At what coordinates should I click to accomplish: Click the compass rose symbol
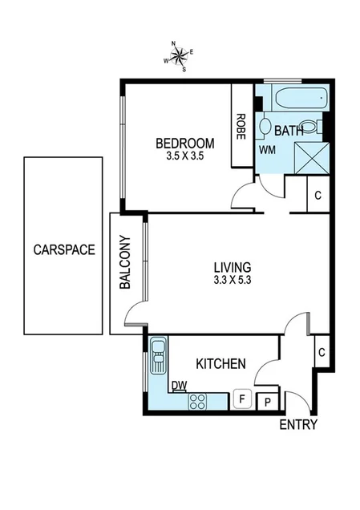[x=179, y=56]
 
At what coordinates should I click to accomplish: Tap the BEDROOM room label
[x=185, y=144]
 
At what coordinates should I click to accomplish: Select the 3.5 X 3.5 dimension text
[x=185, y=156]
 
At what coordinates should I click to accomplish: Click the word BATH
[x=289, y=130]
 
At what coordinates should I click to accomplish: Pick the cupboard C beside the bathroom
[x=318, y=195]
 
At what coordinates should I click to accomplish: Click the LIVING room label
[x=233, y=267]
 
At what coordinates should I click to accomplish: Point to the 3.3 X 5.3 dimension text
[x=233, y=281]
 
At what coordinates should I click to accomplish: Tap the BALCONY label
[x=125, y=262]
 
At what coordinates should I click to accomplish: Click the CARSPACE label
[x=64, y=249]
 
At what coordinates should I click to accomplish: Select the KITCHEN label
[x=220, y=364]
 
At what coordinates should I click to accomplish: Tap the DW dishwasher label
[x=179, y=386]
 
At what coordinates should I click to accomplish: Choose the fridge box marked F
[x=241, y=399]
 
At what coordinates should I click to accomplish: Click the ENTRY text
[x=298, y=425]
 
